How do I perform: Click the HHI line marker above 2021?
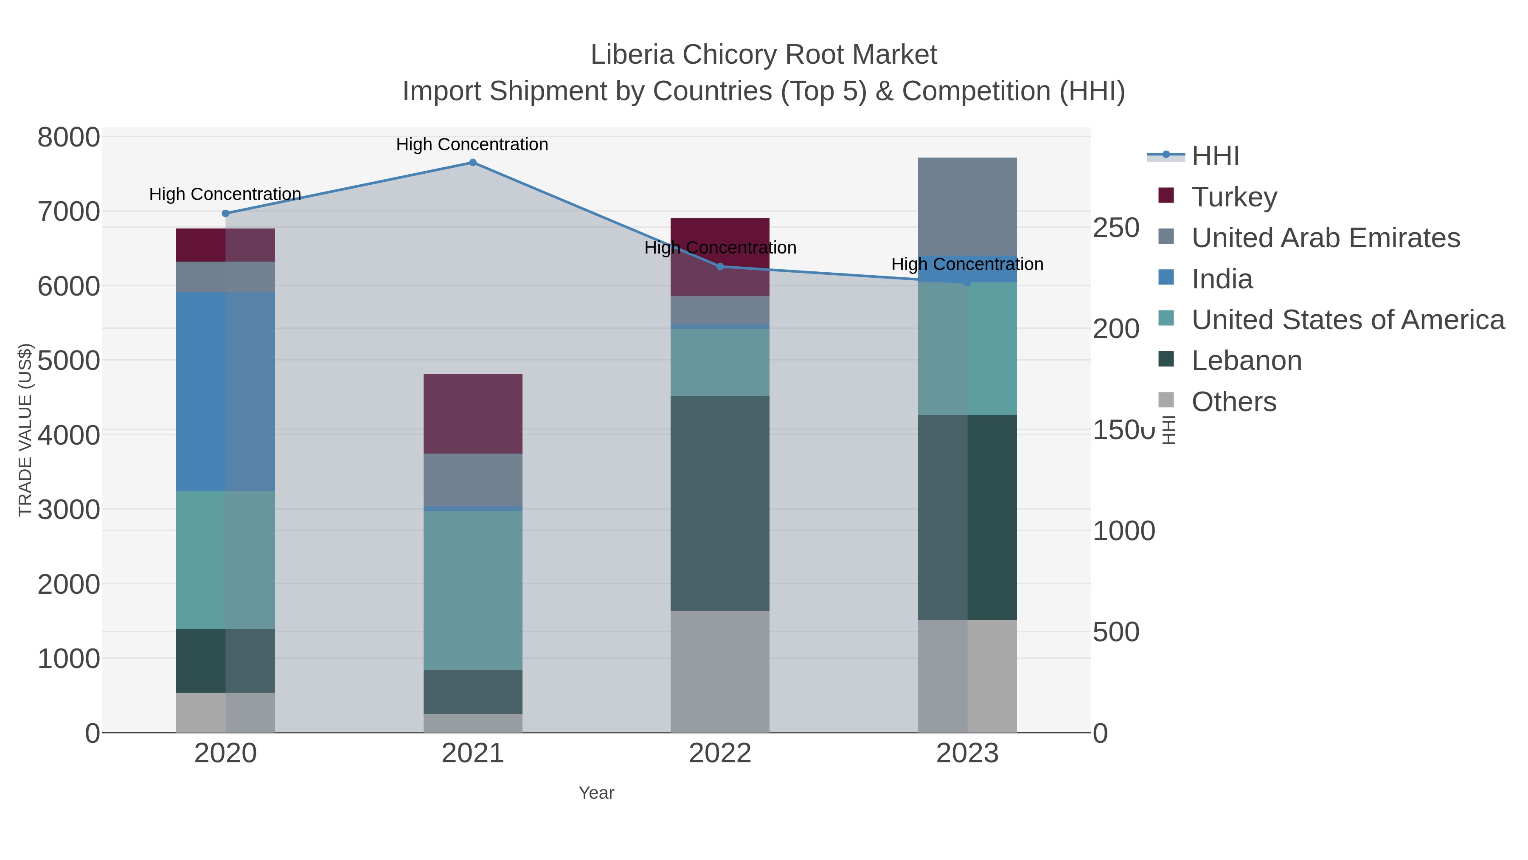473,163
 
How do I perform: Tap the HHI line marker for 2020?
225,214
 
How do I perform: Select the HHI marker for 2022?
720,266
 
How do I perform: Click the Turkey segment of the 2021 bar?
473,414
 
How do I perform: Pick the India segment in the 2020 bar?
225,391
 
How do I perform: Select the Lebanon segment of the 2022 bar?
720,503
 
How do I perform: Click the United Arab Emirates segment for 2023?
967,206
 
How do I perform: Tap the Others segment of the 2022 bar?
720,671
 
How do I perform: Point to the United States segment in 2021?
473,591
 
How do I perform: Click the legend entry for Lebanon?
1246,361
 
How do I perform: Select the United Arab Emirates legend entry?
1326,238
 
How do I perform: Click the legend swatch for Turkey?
1166,196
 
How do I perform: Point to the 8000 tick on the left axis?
68,138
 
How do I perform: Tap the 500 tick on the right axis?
1116,632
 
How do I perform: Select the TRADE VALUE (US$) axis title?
25,430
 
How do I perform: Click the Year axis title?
596,793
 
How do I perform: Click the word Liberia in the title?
632,55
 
